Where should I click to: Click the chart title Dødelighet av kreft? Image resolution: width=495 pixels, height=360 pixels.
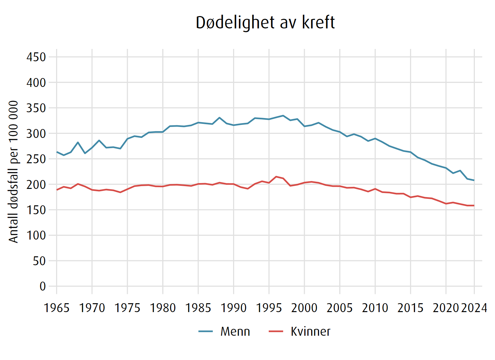click(265, 23)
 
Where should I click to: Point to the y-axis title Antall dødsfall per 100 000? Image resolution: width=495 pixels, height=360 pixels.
click(13, 172)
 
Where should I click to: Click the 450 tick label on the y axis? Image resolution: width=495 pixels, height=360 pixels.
click(36, 57)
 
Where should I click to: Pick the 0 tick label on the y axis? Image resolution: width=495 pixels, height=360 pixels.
click(42, 286)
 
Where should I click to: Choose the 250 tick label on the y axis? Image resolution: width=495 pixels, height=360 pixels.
click(36, 159)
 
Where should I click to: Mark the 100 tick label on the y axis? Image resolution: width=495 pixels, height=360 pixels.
click(36, 235)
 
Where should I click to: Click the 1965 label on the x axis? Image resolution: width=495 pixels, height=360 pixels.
click(56, 308)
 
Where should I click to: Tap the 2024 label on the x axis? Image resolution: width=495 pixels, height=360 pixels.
click(474, 308)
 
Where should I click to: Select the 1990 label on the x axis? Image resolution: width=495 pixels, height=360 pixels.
click(233, 308)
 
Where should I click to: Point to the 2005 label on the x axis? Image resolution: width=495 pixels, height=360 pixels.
click(340, 308)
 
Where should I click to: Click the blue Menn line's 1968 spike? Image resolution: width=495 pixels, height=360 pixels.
click(78, 142)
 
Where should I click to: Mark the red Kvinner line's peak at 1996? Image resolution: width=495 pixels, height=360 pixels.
click(276, 177)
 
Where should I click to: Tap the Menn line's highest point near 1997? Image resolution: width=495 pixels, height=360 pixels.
click(283, 116)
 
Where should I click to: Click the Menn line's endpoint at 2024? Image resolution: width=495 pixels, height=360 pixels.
click(474, 180)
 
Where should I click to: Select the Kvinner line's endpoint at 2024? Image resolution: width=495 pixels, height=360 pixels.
click(474, 205)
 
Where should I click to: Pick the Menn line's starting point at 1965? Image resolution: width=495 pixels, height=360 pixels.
click(57, 152)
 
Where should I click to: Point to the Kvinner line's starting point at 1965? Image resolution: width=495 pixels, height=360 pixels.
click(57, 190)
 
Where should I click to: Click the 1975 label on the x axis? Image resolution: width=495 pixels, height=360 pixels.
click(127, 308)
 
